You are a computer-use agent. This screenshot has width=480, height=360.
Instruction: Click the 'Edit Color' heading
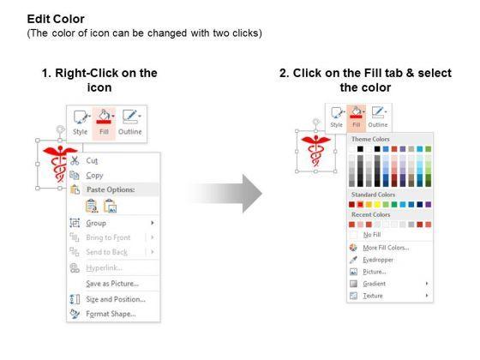56,19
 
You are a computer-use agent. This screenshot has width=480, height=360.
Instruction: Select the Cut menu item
92,161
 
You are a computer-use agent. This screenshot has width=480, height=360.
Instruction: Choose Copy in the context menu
94,176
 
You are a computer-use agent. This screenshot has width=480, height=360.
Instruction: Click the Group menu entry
96,223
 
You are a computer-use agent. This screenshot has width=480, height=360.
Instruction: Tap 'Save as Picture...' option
112,284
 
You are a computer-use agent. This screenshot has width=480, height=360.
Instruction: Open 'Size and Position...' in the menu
116,299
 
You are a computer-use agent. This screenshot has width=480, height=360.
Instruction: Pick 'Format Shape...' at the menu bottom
111,314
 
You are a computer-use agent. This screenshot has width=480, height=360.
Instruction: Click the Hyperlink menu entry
104,267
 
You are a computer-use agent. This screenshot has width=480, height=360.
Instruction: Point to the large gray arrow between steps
225,194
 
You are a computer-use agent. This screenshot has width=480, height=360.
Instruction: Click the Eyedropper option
378,260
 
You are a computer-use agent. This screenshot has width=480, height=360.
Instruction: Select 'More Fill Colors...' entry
386,248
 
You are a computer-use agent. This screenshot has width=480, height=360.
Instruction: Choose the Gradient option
374,284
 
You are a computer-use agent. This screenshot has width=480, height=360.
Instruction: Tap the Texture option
373,296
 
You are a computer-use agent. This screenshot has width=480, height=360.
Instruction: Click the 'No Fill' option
372,235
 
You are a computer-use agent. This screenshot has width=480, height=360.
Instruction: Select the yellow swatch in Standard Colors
377,205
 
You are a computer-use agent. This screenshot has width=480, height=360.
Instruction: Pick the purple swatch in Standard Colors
429,205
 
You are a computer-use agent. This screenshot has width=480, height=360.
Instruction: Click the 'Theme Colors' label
370,139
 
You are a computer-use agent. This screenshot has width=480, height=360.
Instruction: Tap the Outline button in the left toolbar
130,123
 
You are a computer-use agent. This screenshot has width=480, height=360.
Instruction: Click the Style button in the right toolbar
336,118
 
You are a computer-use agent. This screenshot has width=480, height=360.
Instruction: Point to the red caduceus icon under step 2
315,150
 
